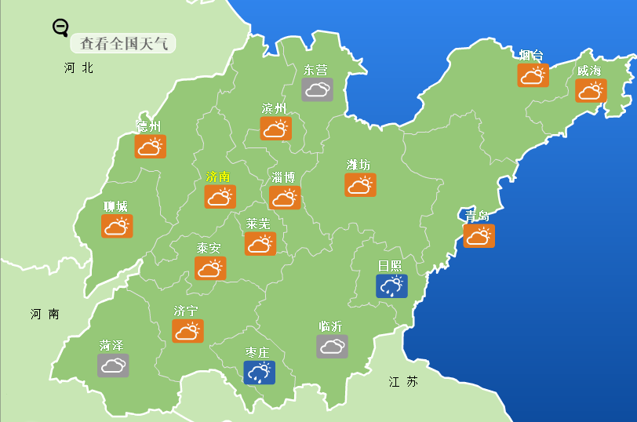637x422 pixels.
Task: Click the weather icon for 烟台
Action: point(533,75)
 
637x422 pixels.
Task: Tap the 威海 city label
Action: point(589,71)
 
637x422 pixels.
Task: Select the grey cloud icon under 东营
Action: point(317,89)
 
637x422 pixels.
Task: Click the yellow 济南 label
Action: point(218,176)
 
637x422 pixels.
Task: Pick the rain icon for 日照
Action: point(391,286)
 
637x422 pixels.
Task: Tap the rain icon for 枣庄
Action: point(259,372)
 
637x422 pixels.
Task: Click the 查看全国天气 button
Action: point(123,43)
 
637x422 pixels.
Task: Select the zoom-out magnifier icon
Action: point(60,28)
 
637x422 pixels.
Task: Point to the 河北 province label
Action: point(78,68)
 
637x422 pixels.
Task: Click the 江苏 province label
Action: point(403,382)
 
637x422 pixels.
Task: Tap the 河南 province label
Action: point(45,314)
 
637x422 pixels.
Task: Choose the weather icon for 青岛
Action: point(479,235)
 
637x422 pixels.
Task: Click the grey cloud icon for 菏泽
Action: point(113,365)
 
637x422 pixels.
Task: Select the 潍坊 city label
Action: point(359,165)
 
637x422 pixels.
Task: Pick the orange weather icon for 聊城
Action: point(116,226)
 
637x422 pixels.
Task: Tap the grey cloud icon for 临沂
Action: point(332,346)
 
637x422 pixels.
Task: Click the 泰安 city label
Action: point(209,248)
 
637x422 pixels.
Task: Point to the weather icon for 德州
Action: point(149,146)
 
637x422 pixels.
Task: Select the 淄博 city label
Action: point(283,177)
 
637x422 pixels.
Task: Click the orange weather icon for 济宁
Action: point(187,331)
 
